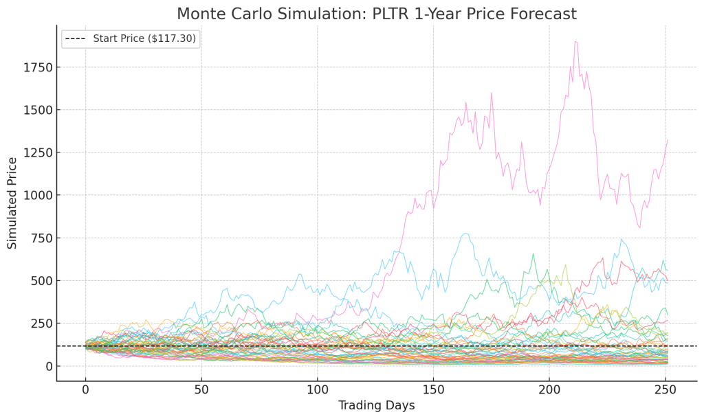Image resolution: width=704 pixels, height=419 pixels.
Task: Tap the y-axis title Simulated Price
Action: (12, 203)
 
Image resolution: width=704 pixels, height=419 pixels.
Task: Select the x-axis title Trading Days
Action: (376, 405)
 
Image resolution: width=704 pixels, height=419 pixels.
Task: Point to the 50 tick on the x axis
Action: (201, 389)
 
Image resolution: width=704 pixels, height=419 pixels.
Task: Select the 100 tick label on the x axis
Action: (318, 389)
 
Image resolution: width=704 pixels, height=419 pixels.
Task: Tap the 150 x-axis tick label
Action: (433, 389)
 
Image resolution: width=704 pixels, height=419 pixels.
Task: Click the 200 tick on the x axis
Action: (549, 389)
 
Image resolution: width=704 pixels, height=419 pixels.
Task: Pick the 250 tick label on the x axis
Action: (665, 389)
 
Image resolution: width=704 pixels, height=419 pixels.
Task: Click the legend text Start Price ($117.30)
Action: (145, 38)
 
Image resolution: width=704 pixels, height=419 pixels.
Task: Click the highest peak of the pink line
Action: (575, 41)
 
